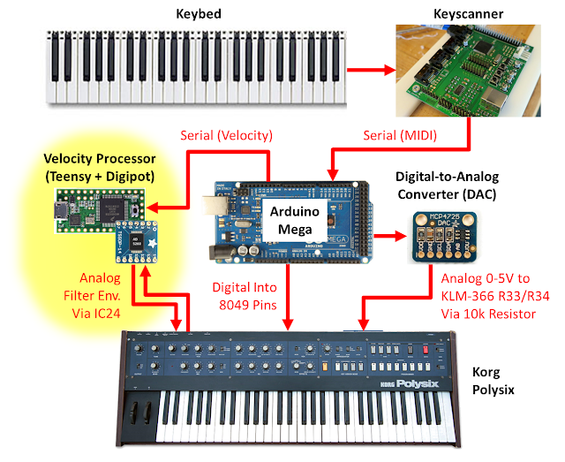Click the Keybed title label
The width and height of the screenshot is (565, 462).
point(199,14)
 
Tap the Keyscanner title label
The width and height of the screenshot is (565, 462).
point(468,14)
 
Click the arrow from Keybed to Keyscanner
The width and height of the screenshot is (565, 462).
point(371,70)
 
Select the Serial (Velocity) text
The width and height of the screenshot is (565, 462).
point(226,136)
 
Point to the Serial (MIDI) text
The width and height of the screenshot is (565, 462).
point(400,136)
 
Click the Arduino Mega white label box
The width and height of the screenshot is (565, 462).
point(295,220)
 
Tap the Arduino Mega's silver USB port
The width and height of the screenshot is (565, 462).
point(212,206)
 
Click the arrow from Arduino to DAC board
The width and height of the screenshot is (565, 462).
point(390,236)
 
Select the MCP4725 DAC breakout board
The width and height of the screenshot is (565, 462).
point(445,238)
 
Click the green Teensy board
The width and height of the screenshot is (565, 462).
point(100,209)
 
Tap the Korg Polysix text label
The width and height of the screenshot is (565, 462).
point(493,381)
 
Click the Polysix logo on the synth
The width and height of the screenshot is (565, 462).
point(418,383)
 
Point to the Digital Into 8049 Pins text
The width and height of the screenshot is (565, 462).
point(245,296)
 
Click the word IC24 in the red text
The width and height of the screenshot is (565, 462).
point(107,314)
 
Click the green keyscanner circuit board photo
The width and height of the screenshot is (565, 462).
point(468,71)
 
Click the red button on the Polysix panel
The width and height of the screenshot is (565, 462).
point(426,350)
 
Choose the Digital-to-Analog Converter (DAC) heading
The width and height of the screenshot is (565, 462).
point(448,186)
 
